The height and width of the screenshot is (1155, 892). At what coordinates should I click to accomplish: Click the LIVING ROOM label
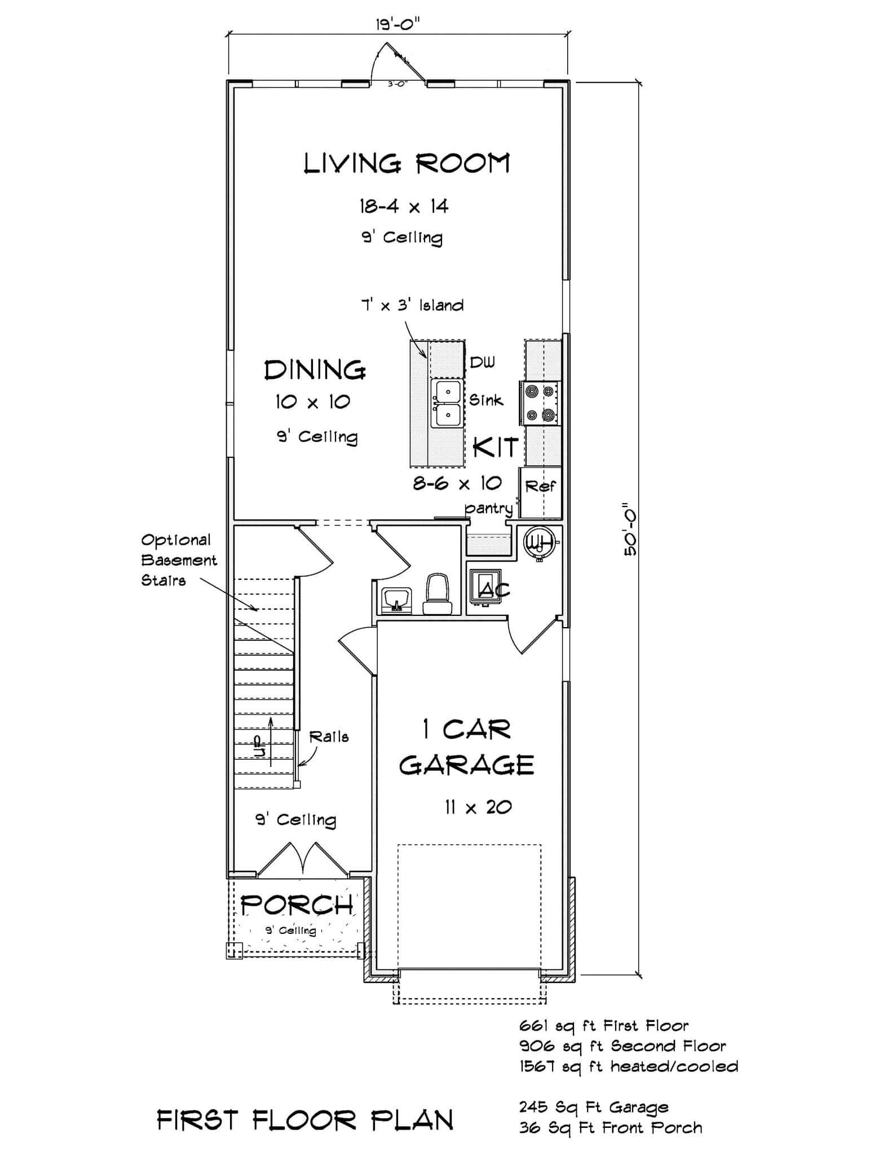[x=407, y=164]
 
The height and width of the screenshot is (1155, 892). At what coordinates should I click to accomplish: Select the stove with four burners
[x=540, y=403]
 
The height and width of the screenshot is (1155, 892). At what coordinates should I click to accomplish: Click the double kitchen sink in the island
[x=446, y=403]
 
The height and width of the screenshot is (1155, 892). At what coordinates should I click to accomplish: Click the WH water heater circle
[x=539, y=541]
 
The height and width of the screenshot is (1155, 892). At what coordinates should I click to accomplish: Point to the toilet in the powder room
[x=438, y=595]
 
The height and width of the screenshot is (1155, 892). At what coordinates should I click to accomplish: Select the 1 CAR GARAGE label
[x=466, y=747]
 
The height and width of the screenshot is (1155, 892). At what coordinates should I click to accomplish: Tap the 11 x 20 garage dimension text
[x=478, y=807]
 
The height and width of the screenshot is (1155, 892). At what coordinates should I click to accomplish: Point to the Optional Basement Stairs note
[x=178, y=560]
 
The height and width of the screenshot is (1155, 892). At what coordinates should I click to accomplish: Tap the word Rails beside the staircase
[x=329, y=737]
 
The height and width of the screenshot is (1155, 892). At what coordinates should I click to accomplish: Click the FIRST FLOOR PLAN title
[x=305, y=1119]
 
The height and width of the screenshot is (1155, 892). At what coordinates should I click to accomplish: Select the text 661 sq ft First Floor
[x=603, y=1025]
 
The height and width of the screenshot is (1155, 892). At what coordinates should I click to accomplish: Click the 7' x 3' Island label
[x=412, y=305]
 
